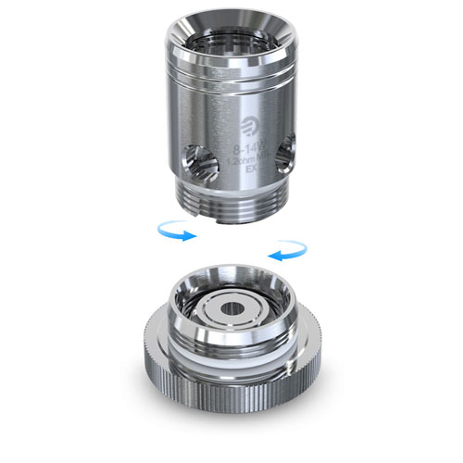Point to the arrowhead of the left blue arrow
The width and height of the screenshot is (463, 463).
[193, 236]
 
